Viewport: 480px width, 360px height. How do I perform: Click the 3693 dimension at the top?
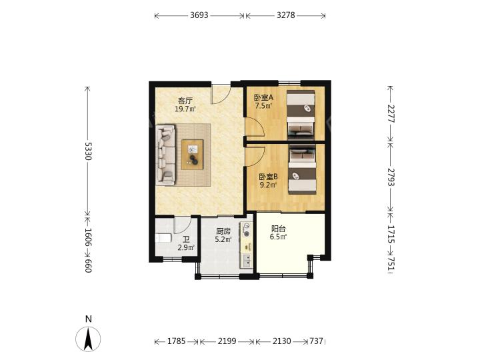pos(199,15)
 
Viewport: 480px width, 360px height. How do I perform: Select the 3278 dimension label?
pos(285,15)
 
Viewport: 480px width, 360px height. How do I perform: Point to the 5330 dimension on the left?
pos(88,151)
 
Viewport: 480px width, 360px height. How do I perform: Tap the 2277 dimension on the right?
pos(391,113)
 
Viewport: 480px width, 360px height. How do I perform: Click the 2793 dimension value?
pos(391,177)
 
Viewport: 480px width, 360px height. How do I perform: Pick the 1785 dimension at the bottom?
pos(176,341)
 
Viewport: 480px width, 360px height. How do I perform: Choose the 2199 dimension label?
pos(227,341)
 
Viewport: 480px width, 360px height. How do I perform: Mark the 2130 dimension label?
pos(281,341)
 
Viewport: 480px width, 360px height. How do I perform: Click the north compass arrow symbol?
pos(88,339)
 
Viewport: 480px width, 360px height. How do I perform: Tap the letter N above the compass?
pos(89,319)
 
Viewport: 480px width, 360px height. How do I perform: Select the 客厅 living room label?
pos(185,101)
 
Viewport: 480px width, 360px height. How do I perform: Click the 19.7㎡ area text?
pos(185,109)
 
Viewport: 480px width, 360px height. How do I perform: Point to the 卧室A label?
pos(263,97)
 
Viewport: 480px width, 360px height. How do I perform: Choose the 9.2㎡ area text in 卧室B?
pos(268,185)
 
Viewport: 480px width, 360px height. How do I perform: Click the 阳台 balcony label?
pos(278,229)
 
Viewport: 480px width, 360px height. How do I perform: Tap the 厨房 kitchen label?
pos(223,231)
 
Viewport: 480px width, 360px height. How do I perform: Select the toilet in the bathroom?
pos(163,238)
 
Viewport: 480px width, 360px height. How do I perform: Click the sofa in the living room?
pos(166,155)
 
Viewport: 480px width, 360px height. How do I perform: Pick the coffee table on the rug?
pos(192,154)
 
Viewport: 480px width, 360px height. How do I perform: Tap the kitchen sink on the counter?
pos(247,260)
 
